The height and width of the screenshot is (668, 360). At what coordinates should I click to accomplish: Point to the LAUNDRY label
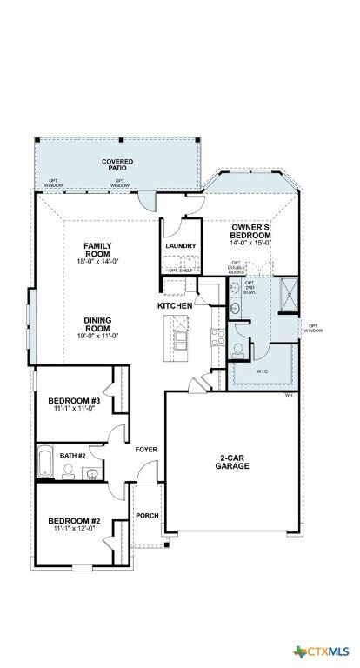(180, 245)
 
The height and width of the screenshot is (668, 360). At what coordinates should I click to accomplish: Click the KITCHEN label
(175, 306)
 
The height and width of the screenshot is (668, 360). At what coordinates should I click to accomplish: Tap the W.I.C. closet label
(263, 370)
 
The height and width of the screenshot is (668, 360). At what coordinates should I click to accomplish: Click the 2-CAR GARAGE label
(234, 461)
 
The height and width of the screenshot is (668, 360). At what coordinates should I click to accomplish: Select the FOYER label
(145, 450)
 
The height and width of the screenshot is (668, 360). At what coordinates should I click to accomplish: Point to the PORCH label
(147, 515)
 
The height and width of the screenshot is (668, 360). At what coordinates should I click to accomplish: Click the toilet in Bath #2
(70, 473)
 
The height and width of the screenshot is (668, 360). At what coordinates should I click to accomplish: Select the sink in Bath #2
(91, 473)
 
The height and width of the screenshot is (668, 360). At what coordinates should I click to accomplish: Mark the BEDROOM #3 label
(74, 401)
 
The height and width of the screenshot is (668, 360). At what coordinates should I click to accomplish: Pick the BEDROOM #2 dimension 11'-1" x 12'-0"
(74, 529)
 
